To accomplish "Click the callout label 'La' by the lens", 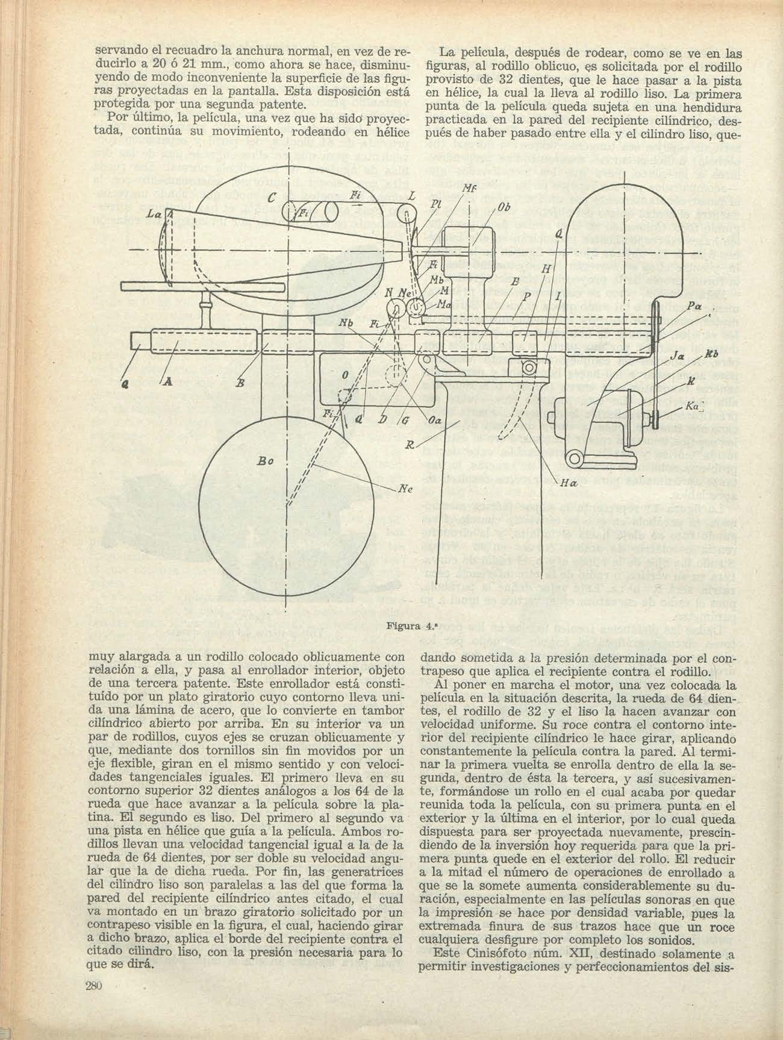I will [x=153, y=215].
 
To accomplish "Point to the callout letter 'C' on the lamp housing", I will [x=272, y=198].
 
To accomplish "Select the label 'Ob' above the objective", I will [x=505, y=208].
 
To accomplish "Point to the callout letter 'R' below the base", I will [x=411, y=446].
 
